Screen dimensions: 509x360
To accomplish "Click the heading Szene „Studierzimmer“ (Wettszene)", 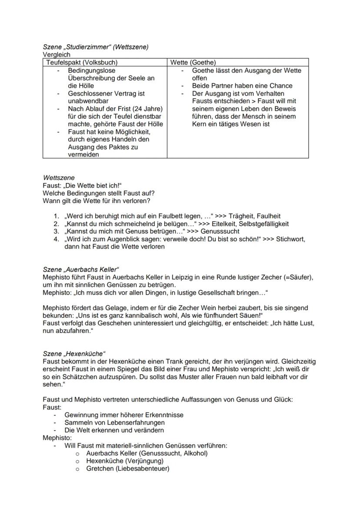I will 96,47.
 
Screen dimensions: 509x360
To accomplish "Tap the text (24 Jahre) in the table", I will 147,109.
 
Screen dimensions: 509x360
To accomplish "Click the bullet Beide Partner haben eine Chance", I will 242,86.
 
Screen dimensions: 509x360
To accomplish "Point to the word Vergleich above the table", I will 57,55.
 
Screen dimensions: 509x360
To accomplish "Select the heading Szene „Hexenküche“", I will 74,354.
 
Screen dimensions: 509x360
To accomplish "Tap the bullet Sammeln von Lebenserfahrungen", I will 114,423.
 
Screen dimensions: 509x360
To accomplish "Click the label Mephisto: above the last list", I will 57,438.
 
